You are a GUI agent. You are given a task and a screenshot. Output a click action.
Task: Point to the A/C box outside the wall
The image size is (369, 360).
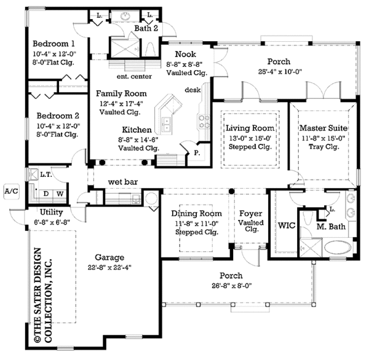click(11, 191)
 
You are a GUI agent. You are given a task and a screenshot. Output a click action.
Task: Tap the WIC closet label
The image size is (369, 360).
click(288, 225)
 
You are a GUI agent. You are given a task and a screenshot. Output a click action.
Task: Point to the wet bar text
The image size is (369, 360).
click(122, 182)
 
